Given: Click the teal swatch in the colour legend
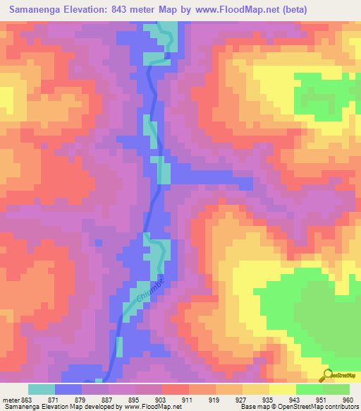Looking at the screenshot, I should [42, 389].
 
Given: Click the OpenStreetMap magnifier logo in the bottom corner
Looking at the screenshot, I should [327, 375].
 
